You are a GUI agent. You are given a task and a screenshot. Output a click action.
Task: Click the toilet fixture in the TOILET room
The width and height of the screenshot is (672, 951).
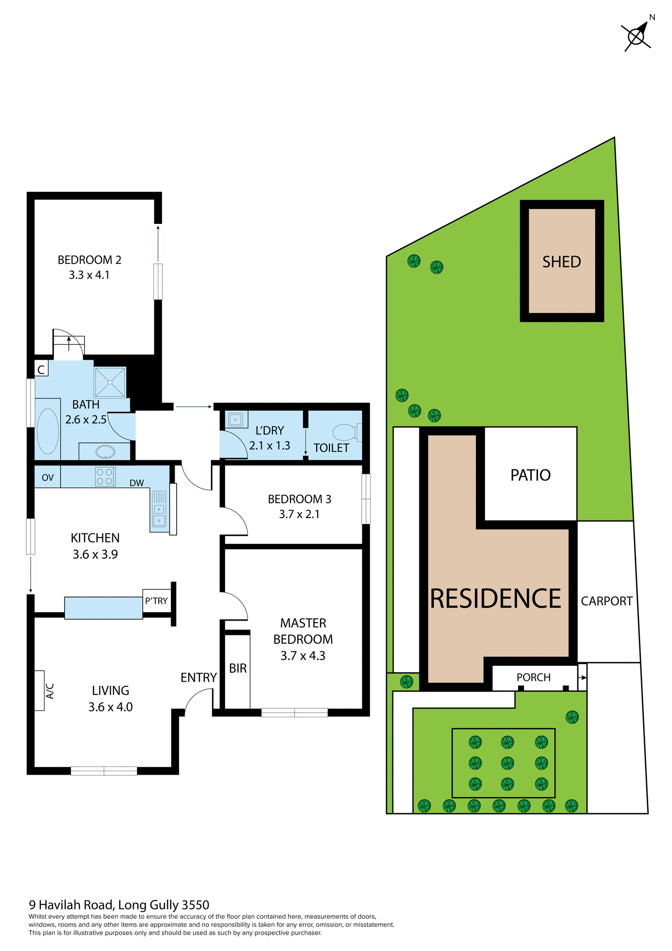(345, 432)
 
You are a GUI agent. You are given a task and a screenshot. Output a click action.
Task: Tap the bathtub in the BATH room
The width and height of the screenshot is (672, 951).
(48, 431)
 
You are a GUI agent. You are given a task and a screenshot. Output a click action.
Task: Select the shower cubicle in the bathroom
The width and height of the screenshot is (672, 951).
(110, 382)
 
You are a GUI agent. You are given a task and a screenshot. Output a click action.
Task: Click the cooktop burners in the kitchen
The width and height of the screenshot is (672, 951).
(105, 476)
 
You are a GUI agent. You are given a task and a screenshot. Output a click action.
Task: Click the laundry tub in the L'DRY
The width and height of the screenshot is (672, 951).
(235, 420)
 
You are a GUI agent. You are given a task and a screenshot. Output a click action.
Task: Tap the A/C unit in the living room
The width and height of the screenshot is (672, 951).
(40, 690)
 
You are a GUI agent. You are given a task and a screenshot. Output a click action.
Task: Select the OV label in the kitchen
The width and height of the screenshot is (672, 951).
(48, 477)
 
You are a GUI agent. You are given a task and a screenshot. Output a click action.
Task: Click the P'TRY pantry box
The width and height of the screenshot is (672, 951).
(156, 601)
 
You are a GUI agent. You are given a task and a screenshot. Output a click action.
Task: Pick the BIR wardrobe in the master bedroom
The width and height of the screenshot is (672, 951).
(238, 669)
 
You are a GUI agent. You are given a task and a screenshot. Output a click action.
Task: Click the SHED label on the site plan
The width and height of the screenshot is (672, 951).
(562, 262)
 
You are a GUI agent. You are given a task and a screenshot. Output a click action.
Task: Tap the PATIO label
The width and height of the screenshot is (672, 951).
(530, 475)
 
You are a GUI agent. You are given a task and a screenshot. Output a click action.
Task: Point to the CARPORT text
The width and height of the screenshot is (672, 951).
(607, 601)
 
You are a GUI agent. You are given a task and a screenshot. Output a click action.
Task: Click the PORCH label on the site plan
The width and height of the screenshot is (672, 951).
(533, 677)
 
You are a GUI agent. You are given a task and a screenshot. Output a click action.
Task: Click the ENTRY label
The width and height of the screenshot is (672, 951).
(198, 677)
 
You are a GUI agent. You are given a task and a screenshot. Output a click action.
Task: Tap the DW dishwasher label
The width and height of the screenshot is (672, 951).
(137, 483)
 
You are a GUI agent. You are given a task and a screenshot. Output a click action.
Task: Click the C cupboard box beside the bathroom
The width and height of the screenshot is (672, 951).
(41, 370)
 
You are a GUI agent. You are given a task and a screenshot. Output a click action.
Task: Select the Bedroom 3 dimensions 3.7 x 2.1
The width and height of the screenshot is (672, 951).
(299, 514)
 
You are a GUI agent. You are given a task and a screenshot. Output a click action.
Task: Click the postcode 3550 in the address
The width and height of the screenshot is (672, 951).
(195, 905)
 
